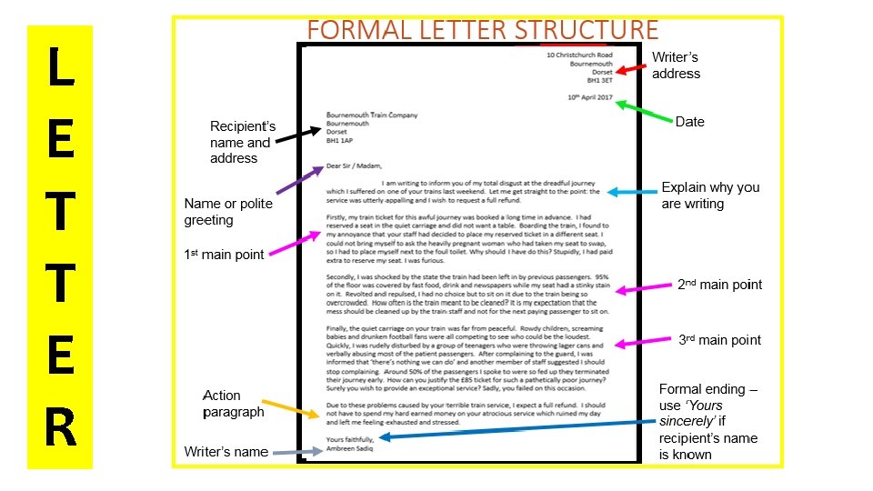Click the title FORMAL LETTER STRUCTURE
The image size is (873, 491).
tap(482, 29)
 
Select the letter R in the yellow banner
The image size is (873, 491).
tap(60, 428)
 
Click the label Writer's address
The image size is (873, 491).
tap(676, 65)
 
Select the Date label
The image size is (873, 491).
tap(689, 122)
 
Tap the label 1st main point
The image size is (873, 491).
tap(224, 255)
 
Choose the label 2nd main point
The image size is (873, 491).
tap(719, 285)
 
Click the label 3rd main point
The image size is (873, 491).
tap(719, 340)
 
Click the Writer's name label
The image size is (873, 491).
tap(226, 452)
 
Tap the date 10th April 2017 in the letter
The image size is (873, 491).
tap(590, 96)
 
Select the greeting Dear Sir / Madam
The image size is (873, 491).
tap(354, 165)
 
